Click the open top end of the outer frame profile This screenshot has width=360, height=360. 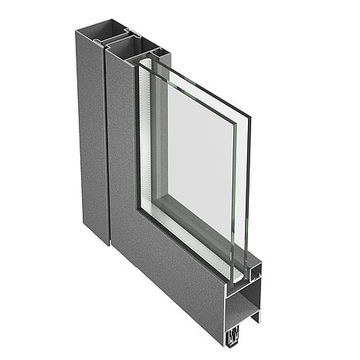(100, 37)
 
